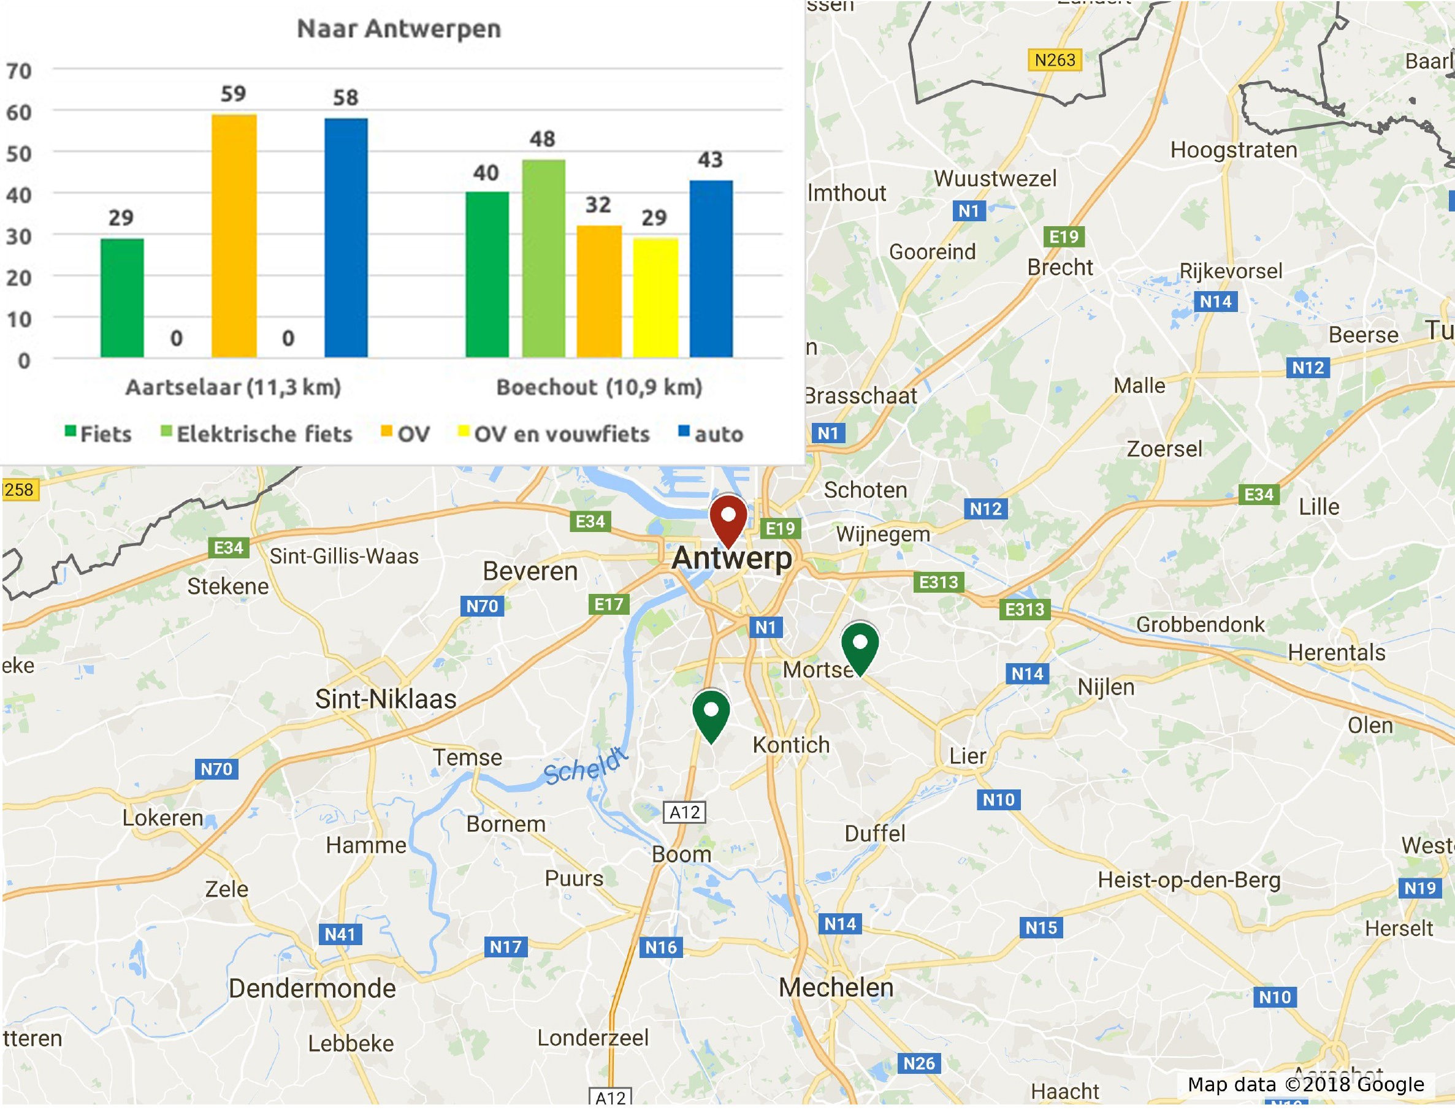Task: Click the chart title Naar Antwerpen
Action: (x=399, y=29)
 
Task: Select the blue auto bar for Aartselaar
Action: (x=346, y=238)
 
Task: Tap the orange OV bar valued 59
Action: (x=234, y=236)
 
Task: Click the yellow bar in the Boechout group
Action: (x=655, y=297)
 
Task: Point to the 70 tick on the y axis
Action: (x=19, y=70)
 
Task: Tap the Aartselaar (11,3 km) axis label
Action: (x=233, y=387)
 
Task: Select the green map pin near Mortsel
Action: (x=860, y=645)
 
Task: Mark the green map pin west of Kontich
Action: (x=711, y=713)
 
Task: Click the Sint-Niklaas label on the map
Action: (x=385, y=699)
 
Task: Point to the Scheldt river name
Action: (x=585, y=766)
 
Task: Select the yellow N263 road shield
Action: (x=1055, y=60)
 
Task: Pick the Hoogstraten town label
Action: (x=1234, y=150)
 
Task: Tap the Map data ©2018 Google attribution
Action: (x=1305, y=1085)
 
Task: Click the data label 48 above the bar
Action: (x=543, y=139)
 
